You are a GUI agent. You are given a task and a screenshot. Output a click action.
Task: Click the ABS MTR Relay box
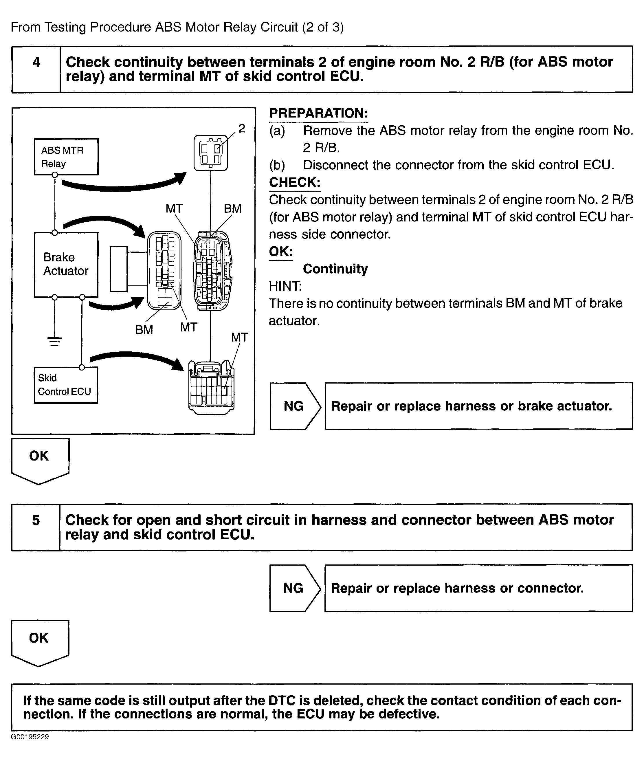(66, 157)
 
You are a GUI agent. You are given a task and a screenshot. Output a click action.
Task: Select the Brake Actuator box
(66, 264)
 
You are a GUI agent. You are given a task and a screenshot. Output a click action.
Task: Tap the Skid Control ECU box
(66, 385)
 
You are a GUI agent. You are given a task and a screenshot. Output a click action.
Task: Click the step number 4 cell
(36, 69)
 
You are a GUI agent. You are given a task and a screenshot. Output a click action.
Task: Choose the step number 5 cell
(36, 527)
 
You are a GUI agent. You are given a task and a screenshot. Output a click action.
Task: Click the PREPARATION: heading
(318, 113)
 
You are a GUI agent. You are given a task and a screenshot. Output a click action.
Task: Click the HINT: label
(285, 286)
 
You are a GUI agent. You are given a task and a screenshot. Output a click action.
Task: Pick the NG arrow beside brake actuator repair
(295, 406)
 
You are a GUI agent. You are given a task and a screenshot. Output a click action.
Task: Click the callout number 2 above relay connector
(242, 129)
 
